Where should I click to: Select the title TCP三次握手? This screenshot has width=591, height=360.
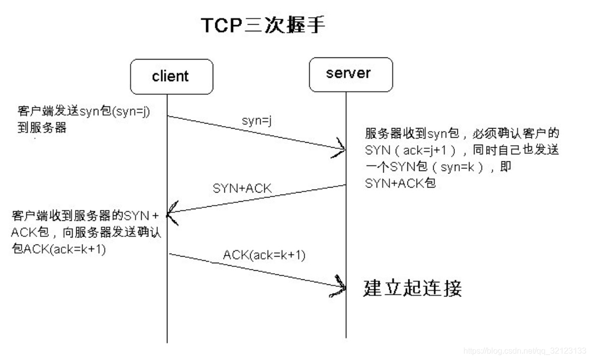point(263,25)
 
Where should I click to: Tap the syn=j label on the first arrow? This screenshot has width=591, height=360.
point(257,122)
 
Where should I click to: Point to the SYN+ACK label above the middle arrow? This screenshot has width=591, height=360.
point(242,189)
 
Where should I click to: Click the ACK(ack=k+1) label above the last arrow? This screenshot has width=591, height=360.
point(264,255)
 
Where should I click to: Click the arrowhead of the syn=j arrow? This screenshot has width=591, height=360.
point(341,149)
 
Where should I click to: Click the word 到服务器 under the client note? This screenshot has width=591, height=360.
point(42,127)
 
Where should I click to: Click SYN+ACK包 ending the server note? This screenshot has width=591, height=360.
point(400,184)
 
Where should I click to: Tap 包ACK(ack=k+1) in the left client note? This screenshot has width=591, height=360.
point(58,249)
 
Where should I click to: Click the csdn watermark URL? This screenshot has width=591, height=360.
point(524,350)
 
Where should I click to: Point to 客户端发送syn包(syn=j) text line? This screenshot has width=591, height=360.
point(84,111)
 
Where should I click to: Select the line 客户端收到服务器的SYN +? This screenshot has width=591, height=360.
point(85,216)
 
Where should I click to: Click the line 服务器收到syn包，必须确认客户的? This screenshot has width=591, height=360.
point(463,134)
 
